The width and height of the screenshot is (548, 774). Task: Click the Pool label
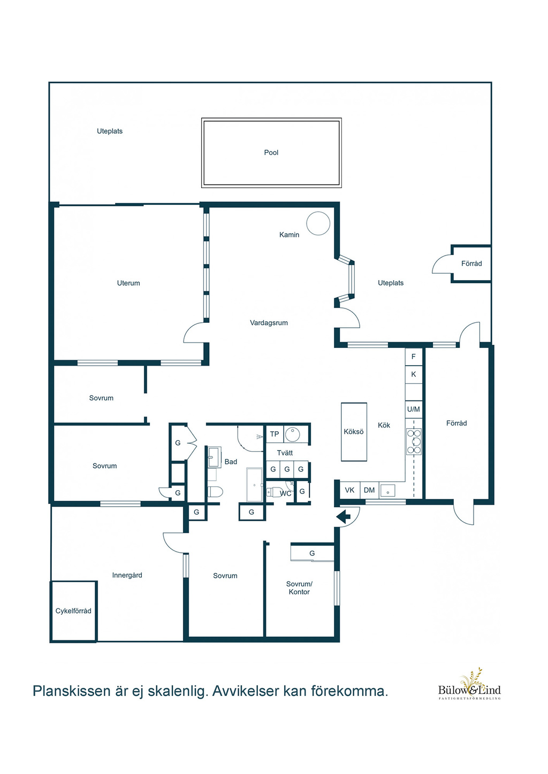[271, 152]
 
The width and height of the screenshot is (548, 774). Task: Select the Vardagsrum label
[269, 323]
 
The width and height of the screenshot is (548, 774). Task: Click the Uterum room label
[128, 283]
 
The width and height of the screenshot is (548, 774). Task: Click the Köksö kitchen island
[354, 431]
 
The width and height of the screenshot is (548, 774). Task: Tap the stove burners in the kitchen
[414, 441]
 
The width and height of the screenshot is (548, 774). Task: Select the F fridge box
[414, 357]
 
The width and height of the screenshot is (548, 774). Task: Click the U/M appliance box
[414, 409]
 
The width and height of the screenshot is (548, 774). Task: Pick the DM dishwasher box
[369, 490]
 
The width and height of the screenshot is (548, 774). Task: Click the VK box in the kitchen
[350, 490]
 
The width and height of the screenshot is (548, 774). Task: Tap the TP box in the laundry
[275, 434]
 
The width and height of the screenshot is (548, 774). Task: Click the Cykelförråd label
[73, 611]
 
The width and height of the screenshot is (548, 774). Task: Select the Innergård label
[127, 575]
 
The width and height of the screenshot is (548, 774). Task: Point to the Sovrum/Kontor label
[299, 588]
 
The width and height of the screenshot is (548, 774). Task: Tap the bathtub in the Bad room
[254, 484]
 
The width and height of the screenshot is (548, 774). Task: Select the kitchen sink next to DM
[388, 490]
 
